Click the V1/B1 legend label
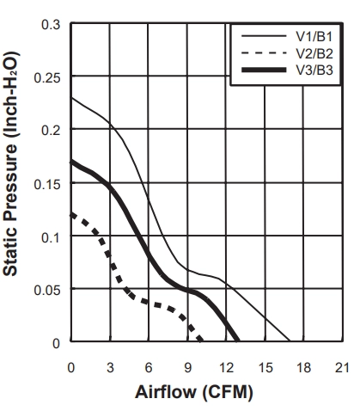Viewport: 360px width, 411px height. click(314, 36)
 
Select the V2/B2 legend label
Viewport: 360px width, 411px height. click(314, 53)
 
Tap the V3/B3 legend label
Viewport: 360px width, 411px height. click(314, 70)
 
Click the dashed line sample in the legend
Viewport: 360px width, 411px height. click(264, 52)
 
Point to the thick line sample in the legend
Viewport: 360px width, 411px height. click(264, 70)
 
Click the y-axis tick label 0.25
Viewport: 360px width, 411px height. click(47, 77)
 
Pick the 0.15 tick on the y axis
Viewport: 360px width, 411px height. click(47, 184)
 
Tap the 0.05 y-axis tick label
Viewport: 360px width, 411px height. click(47, 291)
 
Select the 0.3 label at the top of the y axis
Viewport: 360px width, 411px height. click(51, 25)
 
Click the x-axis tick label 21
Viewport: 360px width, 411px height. click(342, 367)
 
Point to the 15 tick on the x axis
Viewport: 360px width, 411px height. click(265, 367)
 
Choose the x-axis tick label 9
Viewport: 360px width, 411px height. click(187, 367)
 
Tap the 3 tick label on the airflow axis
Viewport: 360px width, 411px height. click(110, 367)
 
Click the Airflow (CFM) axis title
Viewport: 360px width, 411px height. click(194, 392)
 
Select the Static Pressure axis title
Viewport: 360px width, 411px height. click(11, 163)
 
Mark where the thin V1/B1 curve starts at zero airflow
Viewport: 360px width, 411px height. click(71, 98)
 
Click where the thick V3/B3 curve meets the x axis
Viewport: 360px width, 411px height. click(237, 340)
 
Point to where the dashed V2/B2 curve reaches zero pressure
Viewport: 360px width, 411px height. click(201, 340)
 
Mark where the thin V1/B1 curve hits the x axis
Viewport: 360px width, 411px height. click(290, 341)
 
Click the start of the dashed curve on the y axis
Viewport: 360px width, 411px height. click(71, 214)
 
